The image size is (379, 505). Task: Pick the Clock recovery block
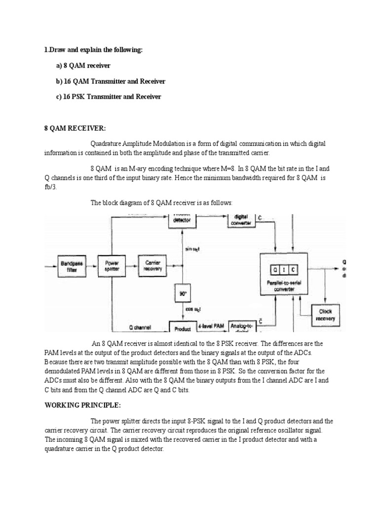click(325, 315)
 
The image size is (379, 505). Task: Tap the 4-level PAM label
click(211, 326)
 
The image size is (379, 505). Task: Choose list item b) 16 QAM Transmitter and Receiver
click(111, 81)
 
